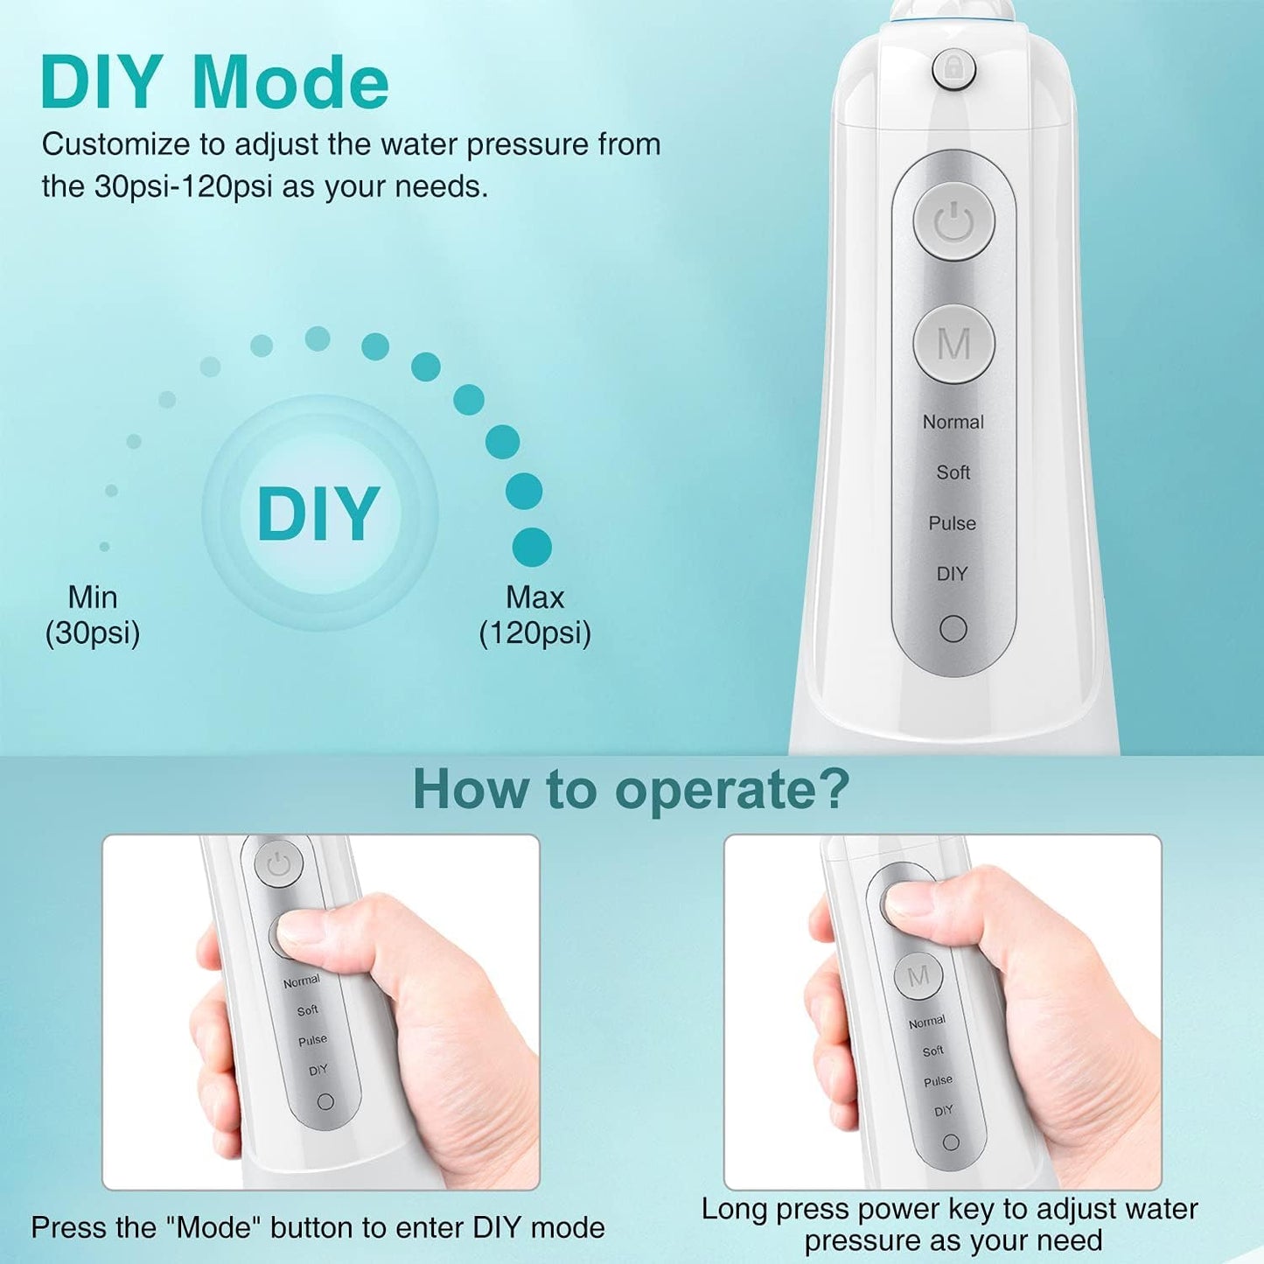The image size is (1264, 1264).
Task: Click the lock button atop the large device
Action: tap(953, 69)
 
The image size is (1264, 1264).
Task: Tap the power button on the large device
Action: tap(954, 222)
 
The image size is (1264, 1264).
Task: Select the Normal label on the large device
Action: tap(953, 422)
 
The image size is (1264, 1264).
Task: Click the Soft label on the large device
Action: tap(953, 472)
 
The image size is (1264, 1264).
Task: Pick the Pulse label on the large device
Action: tap(952, 523)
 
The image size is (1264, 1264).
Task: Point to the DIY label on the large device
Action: tap(952, 574)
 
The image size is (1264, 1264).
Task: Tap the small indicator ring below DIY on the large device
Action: tap(953, 629)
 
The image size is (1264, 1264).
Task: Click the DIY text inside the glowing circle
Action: tap(318, 513)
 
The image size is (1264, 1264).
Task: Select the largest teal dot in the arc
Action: tap(532, 548)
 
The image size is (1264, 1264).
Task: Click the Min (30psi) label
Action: tap(93, 615)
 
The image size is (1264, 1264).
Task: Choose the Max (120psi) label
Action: tap(534, 615)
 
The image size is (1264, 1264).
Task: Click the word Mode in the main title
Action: tap(290, 83)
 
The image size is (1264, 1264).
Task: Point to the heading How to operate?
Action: tap(631, 789)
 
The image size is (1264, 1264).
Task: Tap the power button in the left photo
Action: tap(278, 866)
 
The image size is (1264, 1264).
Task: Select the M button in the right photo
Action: tap(918, 975)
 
